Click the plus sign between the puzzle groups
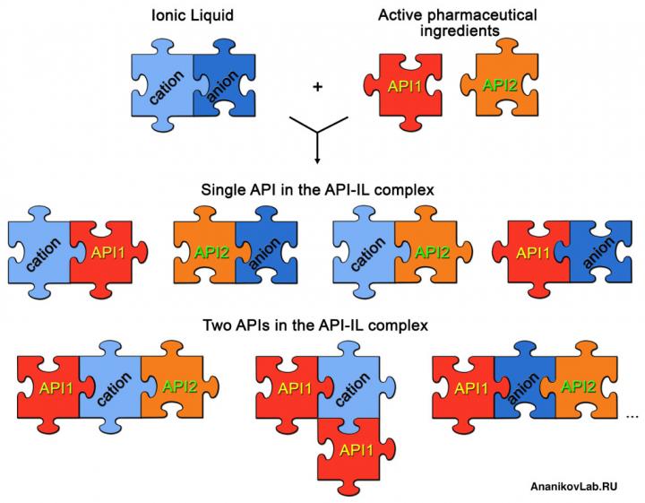(x=316, y=87)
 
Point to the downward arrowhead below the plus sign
(x=316, y=160)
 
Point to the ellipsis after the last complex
(x=633, y=414)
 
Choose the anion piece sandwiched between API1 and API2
(x=524, y=387)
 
